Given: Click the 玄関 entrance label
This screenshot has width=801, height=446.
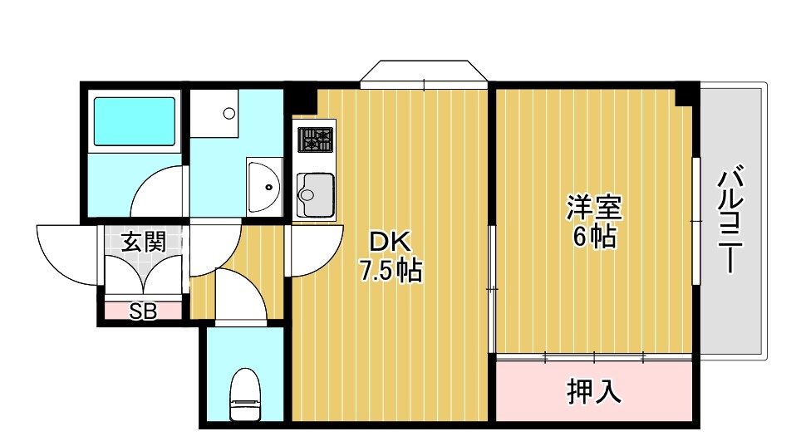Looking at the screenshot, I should coord(143,243).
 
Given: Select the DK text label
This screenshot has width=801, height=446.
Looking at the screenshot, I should coord(390,242).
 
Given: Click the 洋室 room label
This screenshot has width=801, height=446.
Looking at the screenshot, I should coord(593,206).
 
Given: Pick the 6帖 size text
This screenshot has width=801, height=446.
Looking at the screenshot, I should coord(593,238).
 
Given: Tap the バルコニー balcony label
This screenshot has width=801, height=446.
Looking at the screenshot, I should coord(730,221).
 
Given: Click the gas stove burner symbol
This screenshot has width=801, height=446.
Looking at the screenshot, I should coord(316,140).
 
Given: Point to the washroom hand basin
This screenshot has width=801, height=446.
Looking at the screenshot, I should coord(265,186).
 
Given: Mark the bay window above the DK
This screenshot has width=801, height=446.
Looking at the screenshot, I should coord(425,72).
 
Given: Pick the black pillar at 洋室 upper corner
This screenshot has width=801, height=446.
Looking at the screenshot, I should coord(686,94).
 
